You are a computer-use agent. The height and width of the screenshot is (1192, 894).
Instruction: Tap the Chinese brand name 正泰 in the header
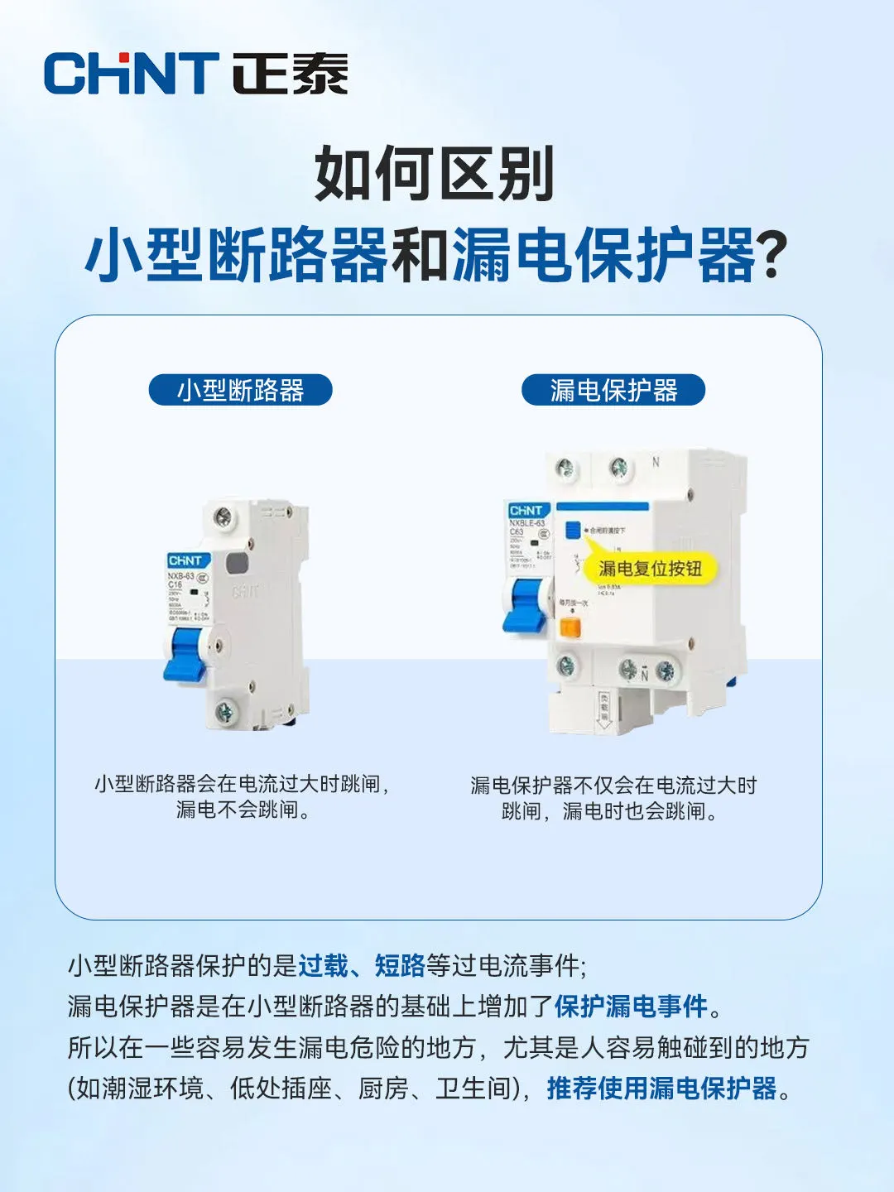coord(289,74)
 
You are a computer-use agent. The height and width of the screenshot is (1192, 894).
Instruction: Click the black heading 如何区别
coord(434,174)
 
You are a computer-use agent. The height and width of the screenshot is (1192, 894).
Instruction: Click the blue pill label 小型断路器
coord(240,390)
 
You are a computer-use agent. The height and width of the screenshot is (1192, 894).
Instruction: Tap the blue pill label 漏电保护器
coord(613,390)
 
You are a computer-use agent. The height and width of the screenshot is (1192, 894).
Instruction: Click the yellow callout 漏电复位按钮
coord(650,569)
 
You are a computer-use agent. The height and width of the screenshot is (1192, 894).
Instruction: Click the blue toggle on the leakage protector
coord(526,604)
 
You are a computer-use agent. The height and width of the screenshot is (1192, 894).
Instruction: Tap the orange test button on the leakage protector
coord(570,627)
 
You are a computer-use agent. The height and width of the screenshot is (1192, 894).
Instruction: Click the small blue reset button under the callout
coord(572,530)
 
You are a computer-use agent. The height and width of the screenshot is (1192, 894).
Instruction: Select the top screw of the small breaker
coord(223,518)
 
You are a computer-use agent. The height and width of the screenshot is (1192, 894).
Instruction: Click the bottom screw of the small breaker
coord(223,710)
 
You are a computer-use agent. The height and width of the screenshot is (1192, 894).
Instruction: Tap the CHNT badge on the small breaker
coord(185,561)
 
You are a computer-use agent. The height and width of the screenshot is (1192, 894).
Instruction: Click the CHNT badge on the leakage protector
coord(526,511)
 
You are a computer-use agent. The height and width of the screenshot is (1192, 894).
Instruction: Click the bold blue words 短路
coord(400,965)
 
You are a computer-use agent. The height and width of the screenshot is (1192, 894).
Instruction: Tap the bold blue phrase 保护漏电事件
coord(631,1007)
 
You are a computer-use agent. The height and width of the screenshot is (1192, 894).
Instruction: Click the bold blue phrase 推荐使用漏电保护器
coord(661,1089)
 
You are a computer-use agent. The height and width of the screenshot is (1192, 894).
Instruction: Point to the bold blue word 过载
coord(324,965)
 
